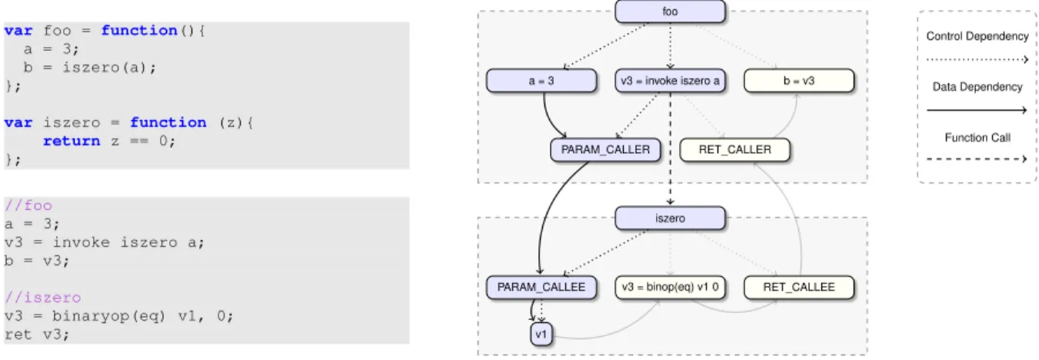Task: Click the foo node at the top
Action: (670, 12)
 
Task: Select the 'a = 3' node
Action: (541, 81)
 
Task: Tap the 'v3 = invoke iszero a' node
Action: (670, 81)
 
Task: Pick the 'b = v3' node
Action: (799, 81)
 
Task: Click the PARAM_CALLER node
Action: (605, 150)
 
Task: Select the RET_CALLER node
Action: (734, 150)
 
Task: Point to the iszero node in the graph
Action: (670, 218)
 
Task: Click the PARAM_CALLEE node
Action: (541, 287)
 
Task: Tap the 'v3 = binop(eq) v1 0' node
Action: (670, 287)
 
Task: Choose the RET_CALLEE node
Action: (799, 287)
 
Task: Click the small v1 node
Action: (541, 334)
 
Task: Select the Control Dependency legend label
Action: (977, 36)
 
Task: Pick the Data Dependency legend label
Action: (977, 87)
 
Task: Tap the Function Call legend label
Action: (977, 138)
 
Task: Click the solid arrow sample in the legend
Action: (977, 110)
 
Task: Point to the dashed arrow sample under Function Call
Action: (977, 159)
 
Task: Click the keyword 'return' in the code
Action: (72, 141)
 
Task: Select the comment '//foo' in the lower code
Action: (28, 205)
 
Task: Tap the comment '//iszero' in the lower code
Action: (42, 298)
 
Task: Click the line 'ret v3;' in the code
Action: (37, 335)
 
